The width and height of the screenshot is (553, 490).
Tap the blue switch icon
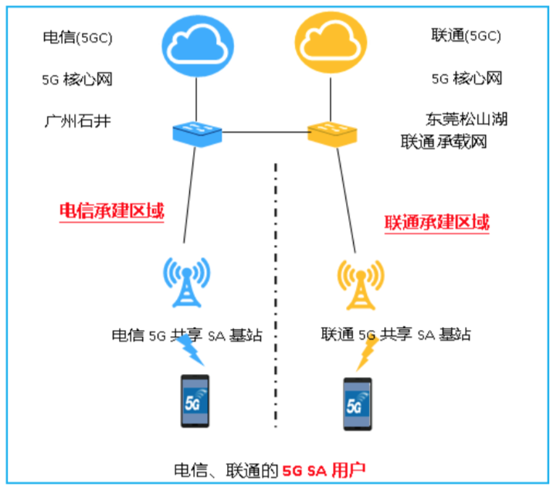[197, 132]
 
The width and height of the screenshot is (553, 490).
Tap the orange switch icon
[333, 132]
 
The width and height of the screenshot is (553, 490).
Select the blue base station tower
[186, 284]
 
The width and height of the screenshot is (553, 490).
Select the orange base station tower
[360, 285]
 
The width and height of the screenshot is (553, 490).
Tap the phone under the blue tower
[195, 401]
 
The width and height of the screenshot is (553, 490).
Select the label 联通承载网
[443, 143]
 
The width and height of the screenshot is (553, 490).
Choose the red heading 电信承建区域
[112, 211]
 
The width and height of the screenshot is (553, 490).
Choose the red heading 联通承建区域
[437, 223]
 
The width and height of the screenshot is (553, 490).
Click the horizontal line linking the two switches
[265, 133]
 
